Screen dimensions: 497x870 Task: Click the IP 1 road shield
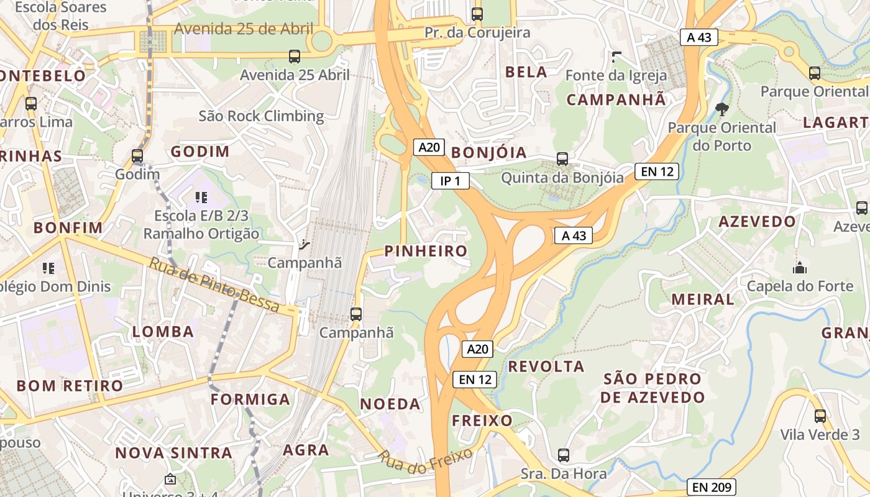point(450,181)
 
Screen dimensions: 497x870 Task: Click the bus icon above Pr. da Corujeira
point(477,14)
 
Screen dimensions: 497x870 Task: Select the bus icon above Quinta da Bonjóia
point(562,159)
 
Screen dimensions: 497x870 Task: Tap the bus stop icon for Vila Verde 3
point(820,416)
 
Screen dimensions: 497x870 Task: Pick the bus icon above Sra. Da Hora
point(563,455)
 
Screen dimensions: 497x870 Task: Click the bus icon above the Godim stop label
point(137,156)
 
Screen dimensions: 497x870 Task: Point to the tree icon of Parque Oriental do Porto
point(721,109)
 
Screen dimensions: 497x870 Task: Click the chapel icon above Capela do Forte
point(799,268)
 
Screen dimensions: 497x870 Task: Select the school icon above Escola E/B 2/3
point(201,198)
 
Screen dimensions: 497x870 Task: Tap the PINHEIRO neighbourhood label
point(426,251)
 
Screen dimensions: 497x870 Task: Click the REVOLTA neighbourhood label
point(546,367)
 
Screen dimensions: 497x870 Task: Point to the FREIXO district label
point(482,421)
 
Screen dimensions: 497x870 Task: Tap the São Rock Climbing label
point(261,116)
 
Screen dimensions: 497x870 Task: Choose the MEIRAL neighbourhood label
point(703,299)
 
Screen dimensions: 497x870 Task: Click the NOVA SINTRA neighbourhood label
point(174,453)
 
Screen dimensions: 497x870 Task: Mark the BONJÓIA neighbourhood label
point(488,153)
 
